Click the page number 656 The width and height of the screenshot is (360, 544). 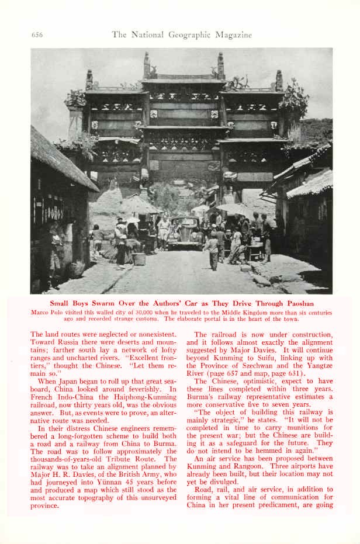[x=37, y=35]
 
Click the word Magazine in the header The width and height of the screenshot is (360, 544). [x=232, y=35]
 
